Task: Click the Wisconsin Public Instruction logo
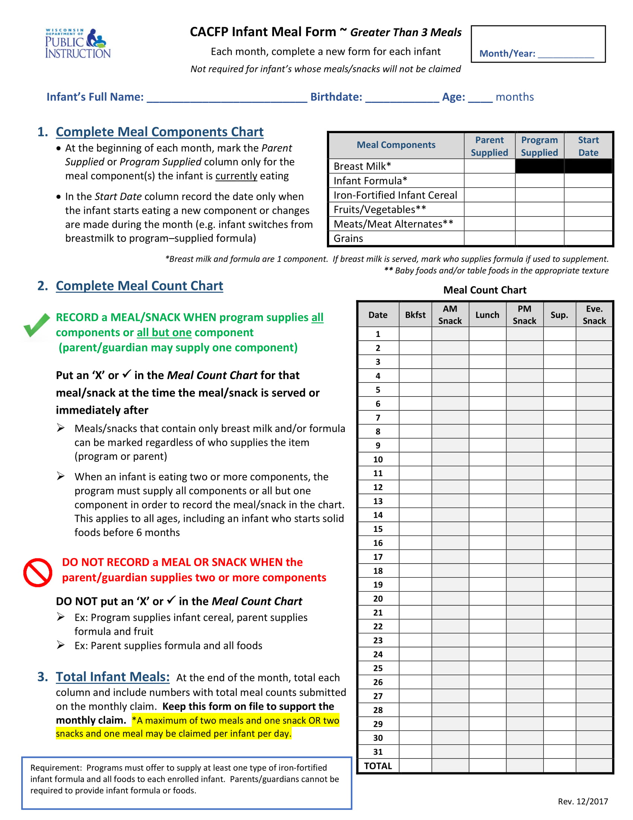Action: click(77, 43)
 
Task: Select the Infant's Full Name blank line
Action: click(226, 98)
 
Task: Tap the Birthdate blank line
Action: click(402, 98)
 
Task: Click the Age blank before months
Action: click(480, 98)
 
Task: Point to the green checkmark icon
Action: click(36, 325)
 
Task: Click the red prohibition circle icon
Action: click(38, 572)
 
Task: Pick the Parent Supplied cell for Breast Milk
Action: click(489, 166)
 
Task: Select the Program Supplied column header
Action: click(539, 146)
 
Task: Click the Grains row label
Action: click(348, 239)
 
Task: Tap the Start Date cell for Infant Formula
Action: click(588, 181)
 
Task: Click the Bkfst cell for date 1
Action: click(415, 334)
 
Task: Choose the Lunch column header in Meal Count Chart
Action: click(487, 315)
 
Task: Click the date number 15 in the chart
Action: click(378, 529)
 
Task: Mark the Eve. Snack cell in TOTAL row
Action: click(594, 766)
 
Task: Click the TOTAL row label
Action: click(378, 766)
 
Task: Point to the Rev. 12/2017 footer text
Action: click(582, 801)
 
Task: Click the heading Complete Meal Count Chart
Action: click(139, 286)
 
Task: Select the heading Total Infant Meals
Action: click(112, 676)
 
